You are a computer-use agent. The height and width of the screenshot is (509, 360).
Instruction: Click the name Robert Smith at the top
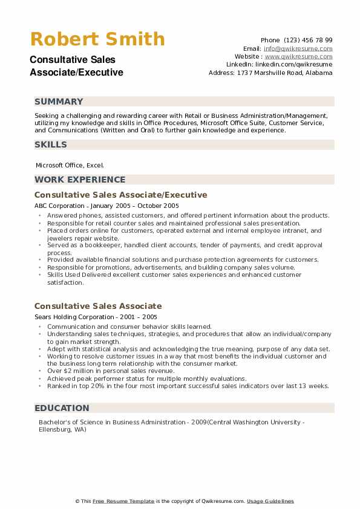97,39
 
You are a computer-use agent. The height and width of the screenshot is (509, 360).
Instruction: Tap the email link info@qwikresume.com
298,48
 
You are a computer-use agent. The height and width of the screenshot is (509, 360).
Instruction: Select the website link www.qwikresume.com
298,56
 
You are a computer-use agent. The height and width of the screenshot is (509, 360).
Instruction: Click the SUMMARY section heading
59,102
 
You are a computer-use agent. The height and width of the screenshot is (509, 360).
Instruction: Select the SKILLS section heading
51,144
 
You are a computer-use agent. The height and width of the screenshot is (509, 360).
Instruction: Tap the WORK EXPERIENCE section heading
80,180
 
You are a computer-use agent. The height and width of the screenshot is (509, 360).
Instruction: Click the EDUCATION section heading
62,408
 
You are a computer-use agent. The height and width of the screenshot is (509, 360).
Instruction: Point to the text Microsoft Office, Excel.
70,164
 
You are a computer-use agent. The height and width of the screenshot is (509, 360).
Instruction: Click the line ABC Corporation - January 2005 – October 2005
106,206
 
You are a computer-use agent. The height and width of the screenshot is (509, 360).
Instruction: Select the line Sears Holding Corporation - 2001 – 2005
96,316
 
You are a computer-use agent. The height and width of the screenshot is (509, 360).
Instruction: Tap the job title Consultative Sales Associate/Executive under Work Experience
121,195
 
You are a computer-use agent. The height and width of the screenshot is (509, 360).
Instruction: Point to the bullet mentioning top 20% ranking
188,386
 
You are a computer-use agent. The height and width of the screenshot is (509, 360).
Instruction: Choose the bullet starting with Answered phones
188,216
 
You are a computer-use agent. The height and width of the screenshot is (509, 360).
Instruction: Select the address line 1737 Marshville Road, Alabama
270,73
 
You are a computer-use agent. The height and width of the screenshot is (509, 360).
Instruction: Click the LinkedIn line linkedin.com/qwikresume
279,64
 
